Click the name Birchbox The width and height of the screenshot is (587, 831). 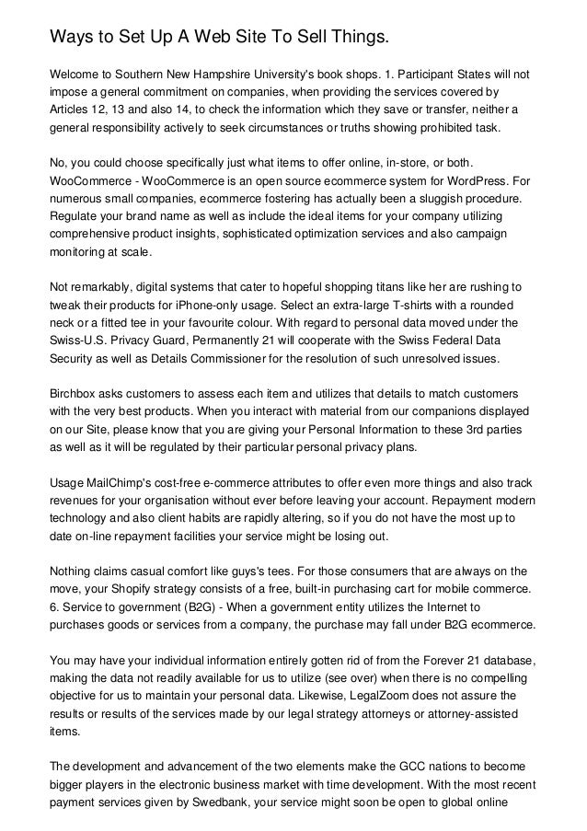pos(75,395)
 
